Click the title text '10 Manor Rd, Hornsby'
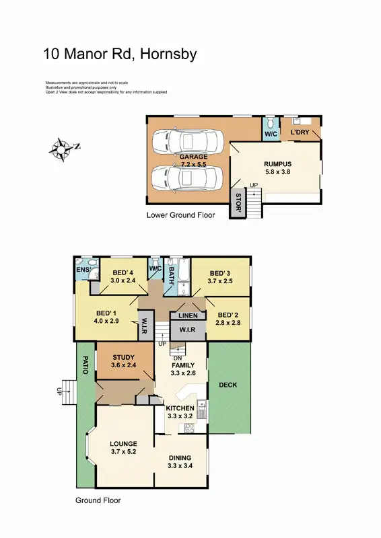tap(120, 54)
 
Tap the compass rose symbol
tap(63, 148)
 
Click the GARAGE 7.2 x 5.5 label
tap(193, 161)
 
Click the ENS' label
tap(83, 270)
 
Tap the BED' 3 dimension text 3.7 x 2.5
tap(219, 280)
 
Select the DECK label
tap(228, 385)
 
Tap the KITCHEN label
tap(180, 408)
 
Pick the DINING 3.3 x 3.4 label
tap(180, 461)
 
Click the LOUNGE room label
tap(124, 448)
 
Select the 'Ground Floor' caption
tap(98, 500)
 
